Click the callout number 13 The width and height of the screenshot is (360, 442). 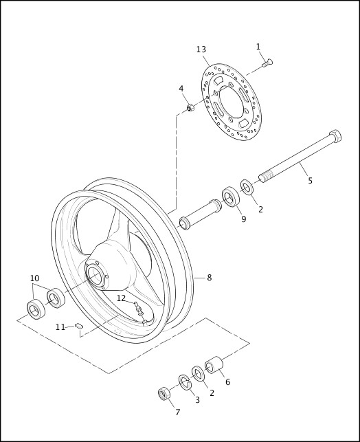point(201,49)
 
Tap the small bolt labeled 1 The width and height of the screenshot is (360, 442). point(267,64)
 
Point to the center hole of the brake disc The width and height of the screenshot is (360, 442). point(232,100)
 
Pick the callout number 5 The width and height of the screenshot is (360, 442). point(310,181)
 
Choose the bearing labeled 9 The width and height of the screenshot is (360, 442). point(229,197)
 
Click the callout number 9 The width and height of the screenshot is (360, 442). point(243,219)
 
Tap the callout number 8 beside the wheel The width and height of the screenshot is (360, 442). point(209,278)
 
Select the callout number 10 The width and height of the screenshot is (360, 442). point(34,278)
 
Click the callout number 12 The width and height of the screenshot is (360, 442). point(121,298)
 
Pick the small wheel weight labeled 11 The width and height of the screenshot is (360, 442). point(79,325)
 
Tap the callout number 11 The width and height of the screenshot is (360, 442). point(60,327)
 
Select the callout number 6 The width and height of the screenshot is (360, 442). point(227,382)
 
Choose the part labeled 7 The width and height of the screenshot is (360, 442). point(164,393)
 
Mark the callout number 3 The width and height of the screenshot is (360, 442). point(197,399)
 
